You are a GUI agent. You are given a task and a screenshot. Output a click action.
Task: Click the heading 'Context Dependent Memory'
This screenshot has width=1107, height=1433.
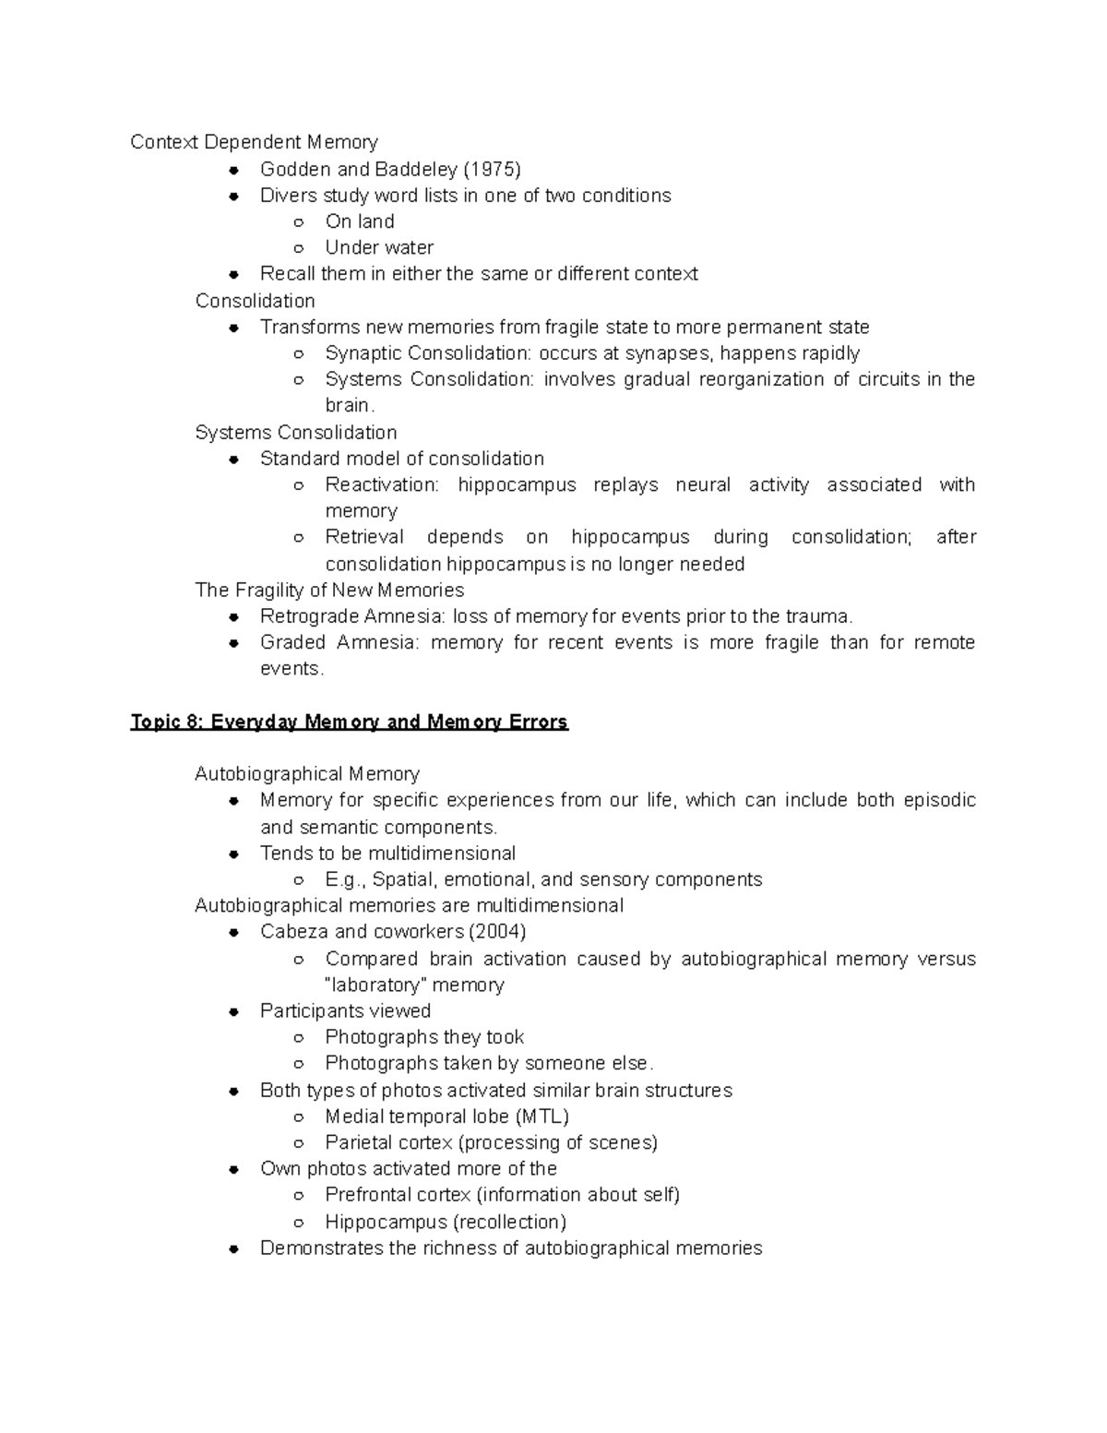[x=254, y=142]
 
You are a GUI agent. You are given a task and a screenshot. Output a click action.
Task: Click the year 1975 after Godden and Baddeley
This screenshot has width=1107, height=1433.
[x=492, y=169]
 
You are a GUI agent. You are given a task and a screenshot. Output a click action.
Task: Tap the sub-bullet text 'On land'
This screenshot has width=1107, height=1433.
[x=360, y=221]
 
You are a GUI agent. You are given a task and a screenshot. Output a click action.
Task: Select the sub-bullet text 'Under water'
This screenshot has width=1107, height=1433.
[x=379, y=247]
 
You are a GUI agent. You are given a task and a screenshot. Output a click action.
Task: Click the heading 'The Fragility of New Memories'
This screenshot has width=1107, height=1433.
[x=329, y=590]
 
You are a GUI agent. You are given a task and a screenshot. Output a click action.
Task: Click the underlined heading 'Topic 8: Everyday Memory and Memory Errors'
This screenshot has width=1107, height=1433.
[x=349, y=722]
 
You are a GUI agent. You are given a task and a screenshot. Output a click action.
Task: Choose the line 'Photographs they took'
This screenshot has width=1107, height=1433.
[x=424, y=1037]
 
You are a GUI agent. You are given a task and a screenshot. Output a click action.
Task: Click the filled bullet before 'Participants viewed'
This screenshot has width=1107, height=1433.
[x=235, y=1011]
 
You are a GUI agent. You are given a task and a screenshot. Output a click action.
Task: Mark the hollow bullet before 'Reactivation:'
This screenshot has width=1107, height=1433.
[x=298, y=485]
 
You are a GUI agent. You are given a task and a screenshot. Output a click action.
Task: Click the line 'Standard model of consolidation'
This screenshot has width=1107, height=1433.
[x=401, y=459]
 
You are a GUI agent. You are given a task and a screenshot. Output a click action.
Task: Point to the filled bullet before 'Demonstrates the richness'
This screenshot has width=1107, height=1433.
[x=235, y=1248]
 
